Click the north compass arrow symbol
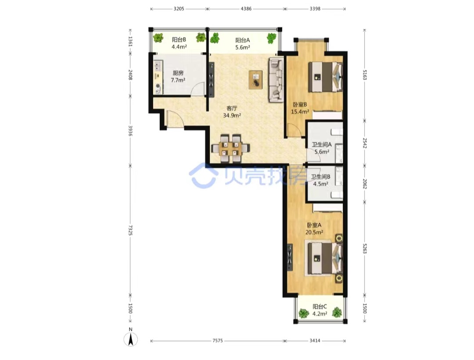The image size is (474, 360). tap(131, 339)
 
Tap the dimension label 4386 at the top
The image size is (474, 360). tap(246, 9)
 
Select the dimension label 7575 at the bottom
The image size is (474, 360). tap(217, 341)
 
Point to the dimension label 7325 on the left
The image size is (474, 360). tap(130, 230)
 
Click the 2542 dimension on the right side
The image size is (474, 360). tap(365, 143)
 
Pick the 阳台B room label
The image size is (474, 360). tap(179, 39)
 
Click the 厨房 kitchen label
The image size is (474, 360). tap(178, 73)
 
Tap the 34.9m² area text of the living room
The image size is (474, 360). tap(232, 115)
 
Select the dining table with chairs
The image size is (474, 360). tap(230, 148)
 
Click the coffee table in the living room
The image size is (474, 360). tap(256, 79)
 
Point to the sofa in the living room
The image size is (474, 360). tap(276, 79)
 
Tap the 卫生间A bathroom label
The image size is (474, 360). tap(322, 145)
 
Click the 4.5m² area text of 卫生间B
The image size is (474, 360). tap(321, 184)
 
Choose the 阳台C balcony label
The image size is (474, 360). tap(320, 307)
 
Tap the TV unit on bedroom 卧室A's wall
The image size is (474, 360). tap(290, 257)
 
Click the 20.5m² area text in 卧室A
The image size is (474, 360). tap(314, 232)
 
